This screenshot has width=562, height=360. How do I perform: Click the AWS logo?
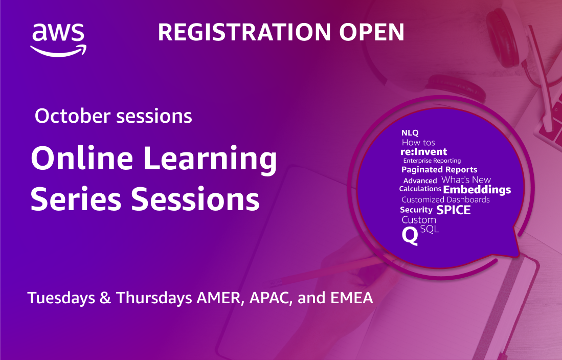[58, 40]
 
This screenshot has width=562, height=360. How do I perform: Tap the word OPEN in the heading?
[372, 32]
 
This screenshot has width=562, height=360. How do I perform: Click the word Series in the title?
[76, 198]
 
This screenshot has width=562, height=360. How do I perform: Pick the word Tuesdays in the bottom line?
[61, 298]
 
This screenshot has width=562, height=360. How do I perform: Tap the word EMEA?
[352, 298]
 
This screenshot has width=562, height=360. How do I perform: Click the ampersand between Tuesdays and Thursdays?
[105, 298]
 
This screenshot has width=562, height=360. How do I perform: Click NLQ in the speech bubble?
[410, 133]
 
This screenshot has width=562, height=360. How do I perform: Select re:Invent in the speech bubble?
[423, 152]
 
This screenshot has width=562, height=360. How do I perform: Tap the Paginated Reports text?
[439, 170]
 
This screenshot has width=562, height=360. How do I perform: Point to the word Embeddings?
[477, 190]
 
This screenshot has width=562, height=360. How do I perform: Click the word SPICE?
[454, 210]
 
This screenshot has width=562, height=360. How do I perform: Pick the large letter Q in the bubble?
[410, 236]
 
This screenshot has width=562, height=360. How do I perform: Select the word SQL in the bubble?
[430, 229]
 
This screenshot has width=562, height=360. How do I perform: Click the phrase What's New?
[466, 179]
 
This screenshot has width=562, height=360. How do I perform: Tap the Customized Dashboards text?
[445, 200]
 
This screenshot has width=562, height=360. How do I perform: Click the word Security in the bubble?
[416, 210]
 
